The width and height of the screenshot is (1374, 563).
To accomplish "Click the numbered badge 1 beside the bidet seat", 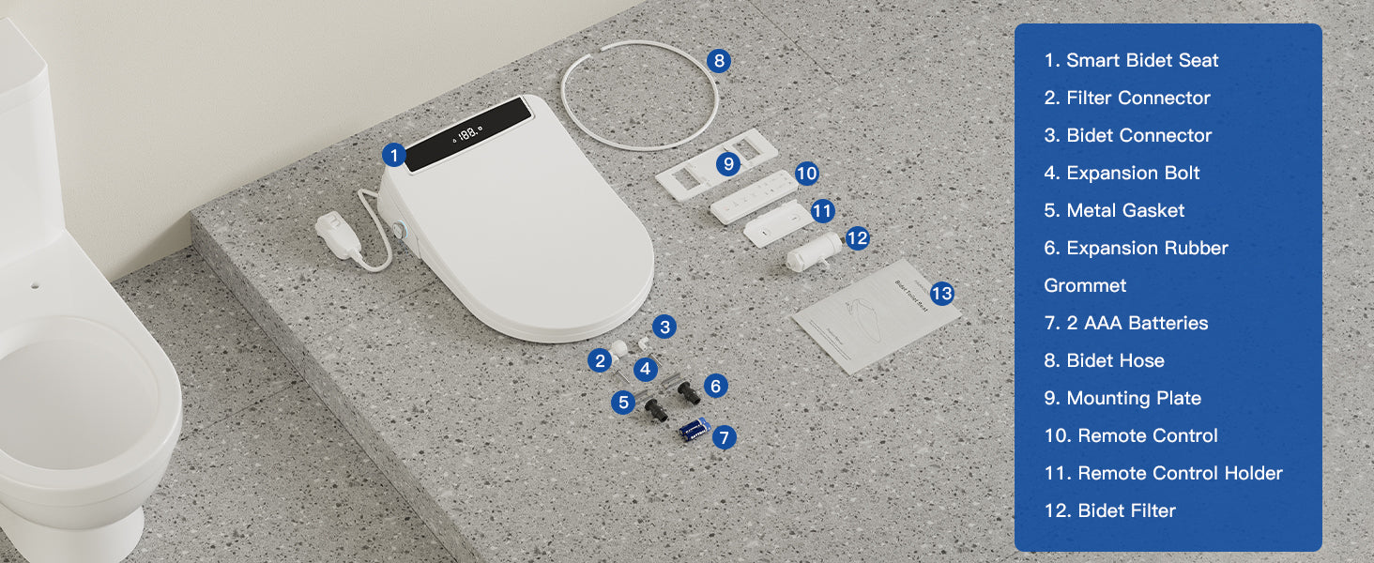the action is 394,155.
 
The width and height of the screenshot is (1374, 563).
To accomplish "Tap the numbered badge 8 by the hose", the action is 719,61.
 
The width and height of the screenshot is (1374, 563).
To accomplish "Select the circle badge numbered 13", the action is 941,293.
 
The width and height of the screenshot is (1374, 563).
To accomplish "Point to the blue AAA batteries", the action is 695,430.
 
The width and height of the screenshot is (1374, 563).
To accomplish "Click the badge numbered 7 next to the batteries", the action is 724,437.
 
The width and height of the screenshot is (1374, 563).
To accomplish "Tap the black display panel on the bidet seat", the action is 467,133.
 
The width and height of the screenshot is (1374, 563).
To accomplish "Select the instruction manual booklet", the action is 876,316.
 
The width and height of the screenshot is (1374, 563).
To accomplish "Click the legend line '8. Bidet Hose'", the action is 1104,360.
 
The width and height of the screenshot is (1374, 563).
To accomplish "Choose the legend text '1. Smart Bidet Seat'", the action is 1131,60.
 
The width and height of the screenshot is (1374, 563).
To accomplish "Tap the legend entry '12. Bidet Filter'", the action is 1109,510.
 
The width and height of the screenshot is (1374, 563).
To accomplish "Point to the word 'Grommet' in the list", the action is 1085,286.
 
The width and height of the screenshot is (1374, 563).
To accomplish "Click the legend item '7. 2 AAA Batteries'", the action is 1126,323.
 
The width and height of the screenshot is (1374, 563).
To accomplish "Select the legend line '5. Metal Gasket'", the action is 1114,210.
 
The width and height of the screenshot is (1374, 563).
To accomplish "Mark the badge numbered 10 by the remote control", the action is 806,174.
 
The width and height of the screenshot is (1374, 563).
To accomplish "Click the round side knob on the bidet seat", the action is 399,230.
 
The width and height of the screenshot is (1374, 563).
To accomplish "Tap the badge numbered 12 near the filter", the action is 857,238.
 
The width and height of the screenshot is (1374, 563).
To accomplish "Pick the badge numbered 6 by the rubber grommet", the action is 715,386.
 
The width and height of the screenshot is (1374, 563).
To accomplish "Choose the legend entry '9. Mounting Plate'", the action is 1122,398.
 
